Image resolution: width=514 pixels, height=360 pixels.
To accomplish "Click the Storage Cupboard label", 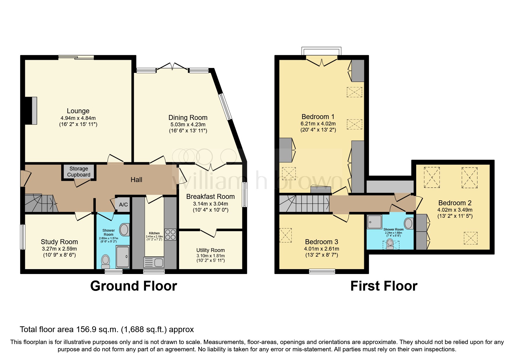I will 79,172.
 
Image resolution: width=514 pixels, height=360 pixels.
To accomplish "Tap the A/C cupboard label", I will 123,205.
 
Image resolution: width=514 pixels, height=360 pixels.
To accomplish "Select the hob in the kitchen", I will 170,235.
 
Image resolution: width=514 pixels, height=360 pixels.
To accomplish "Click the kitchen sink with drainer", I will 154,262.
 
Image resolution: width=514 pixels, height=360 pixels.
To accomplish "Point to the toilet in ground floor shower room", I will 106,261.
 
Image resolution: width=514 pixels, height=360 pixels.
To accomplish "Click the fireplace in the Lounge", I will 32,111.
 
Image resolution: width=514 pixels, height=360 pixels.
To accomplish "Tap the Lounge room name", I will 78,111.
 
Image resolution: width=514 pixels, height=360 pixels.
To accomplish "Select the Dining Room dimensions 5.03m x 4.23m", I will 188,124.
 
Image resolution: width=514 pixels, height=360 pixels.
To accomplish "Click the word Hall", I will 136,180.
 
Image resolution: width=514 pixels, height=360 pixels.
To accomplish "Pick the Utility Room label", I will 210,250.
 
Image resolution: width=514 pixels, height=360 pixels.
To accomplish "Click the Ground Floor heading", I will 134,286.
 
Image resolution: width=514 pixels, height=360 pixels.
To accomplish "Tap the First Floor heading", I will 384,286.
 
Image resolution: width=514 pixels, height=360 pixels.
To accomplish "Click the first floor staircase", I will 303,203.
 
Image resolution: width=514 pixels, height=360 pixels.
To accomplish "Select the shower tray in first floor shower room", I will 374,222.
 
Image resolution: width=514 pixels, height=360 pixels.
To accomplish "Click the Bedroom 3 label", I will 322,242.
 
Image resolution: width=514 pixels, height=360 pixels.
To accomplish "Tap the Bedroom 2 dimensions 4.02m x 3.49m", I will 455,210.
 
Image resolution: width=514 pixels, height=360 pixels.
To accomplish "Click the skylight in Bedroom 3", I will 286,235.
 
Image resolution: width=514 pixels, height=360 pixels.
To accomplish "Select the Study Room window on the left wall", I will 23,237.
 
